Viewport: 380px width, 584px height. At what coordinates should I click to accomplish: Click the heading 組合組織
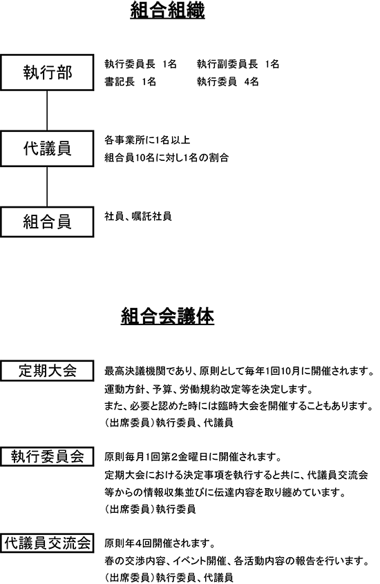pyautogui.click(x=167, y=11)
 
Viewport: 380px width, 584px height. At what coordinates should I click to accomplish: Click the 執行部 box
pyautogui.click(x=47, y=72)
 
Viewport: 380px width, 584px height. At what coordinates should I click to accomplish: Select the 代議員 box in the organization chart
pyautogui.click(x=47, y=148)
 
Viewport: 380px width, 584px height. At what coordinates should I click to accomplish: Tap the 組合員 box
pyautogui.click(x=47, y=222)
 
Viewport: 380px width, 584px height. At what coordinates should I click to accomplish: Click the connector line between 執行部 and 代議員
pyautogui.click(x=47, y=110)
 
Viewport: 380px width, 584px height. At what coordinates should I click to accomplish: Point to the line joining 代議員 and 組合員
pyautogui.click(x=47, y=186)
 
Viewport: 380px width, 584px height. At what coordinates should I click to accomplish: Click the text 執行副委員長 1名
pyautogui.click(x=238, y=64)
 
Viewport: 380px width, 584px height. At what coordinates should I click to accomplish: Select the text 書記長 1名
pyautogui.click(x=130, y=81)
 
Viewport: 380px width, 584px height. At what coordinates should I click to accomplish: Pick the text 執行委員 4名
pyautogui.click(x=227, y=81)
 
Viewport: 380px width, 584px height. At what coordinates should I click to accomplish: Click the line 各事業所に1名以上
pyautogui.click(x=147, y=140)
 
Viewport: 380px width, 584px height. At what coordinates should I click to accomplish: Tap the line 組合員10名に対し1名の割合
pyautogui.click(x=167, y=157)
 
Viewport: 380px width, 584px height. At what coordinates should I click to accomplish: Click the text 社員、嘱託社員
pyautogui.click(x=138, y=216)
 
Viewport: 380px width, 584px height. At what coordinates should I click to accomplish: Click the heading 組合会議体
pyautogui.click(x=167, y=317)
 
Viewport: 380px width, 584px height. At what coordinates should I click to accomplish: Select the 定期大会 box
pyautogui.click(x=47, y=371)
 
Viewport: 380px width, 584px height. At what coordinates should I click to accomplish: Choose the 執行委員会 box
pyautogui.click(x=47, y=456)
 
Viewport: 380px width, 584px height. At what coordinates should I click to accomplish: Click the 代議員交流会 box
pyautogui.click(x=47, y=543)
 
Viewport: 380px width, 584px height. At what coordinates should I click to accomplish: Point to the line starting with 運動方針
pyautogui.click(x=209, y=389)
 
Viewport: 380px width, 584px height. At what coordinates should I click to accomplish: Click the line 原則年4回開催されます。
pyautogui.click(x=160, y=543)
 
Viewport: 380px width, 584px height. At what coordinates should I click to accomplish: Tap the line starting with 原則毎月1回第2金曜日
pyautogui.click(x=193, y=456)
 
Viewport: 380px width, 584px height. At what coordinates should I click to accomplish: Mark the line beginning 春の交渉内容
pyautogui.click(x=237, y=561)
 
